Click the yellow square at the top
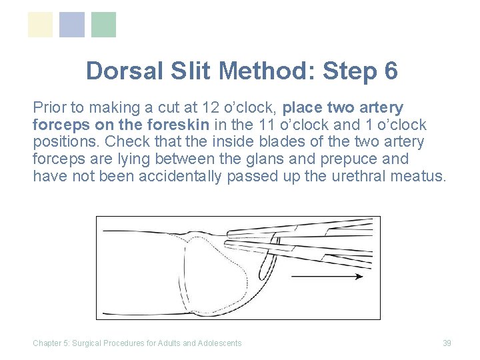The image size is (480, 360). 40,25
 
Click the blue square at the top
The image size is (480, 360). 72,25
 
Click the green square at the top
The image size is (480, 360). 103,25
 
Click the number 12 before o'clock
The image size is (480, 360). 202,108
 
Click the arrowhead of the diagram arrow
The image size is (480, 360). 359,276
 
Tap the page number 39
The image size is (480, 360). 447,343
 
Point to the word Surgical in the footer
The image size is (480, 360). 88,343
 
